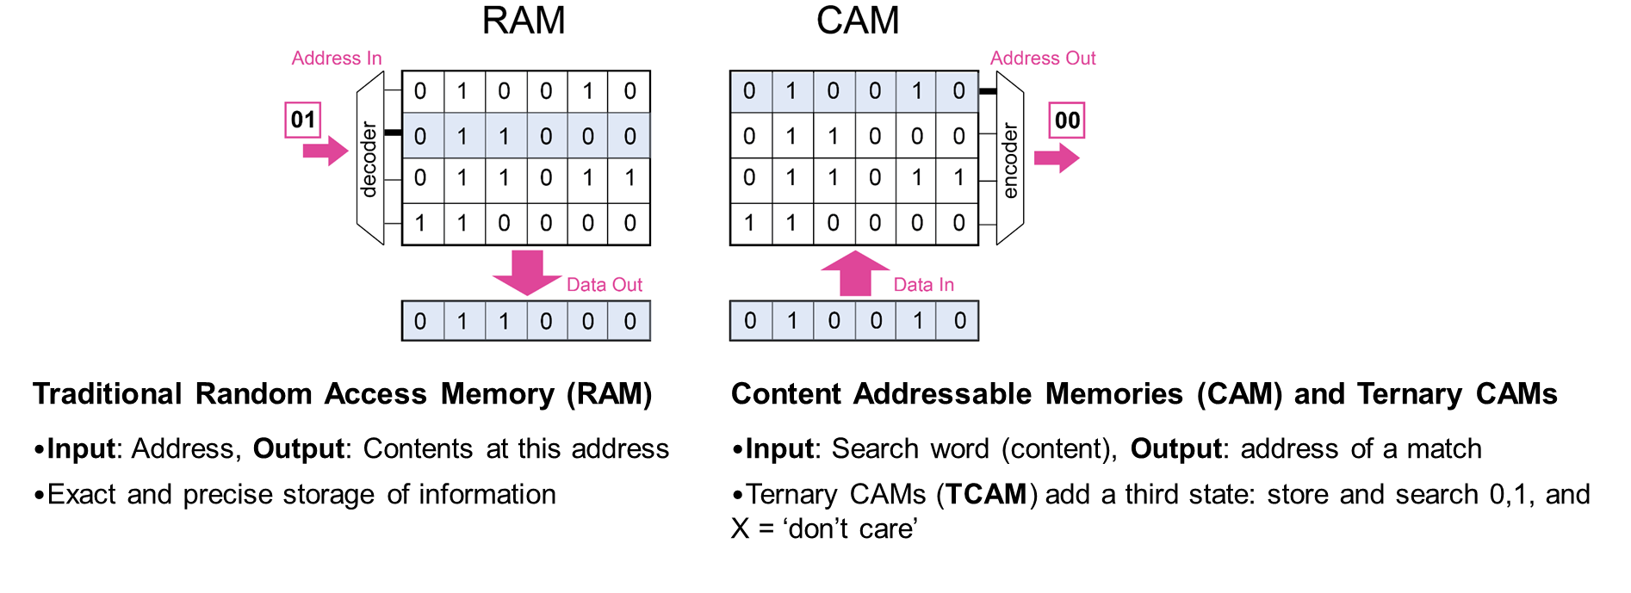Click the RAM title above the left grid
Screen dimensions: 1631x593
pyautogui.click(x=524, y=21)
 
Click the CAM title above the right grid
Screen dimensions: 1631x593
pyautogui.click(x=858, y=21)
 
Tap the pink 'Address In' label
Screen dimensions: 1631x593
pyautogui.click(x=337, y=59)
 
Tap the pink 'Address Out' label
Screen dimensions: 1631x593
pyautogui.click(x=1043, y=59)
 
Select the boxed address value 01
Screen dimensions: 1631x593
pyautogui.click(x=303, y=120)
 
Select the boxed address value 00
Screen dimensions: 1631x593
pyautogui.click(x=1067, y=120)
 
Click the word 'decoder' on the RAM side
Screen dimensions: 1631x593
pyautogui.click(x=369, y=159)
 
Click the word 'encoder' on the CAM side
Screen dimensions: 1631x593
pyautogui.click(x=1010, y=160)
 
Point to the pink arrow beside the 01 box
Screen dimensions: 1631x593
pyautogui.click(x=326, y=151)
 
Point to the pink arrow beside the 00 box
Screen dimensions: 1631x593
pyautogui.click(x=1057, y=158)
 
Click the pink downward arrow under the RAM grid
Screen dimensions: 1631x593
pyautogui.click(x=527, y=273)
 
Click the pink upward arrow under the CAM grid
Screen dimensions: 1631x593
pyautogui.click(x=855, y=274)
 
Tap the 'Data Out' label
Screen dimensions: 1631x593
pyautogui.click(x=605, y=285)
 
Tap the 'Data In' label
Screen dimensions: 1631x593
pyautogui.click(x=924, y=285)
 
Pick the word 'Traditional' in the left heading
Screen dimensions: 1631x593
pyautogui.click(x=108, y=394)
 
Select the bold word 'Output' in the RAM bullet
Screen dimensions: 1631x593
pyautogui.click(x=299, y=449)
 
